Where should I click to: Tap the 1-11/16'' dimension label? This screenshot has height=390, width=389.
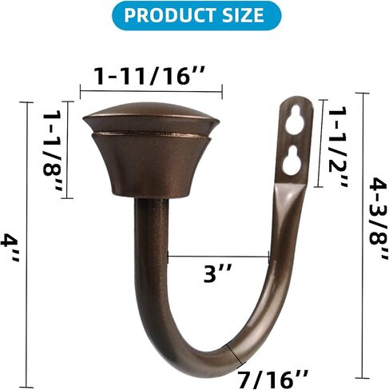[x=150, y=77]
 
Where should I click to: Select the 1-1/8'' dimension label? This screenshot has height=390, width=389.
[x=53, y=150]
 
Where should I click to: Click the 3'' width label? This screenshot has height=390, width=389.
[x=218, y=273]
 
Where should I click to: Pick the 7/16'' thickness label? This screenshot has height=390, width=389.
[x=272, y=379]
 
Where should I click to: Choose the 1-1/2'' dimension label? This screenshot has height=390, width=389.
[x=338, y=147]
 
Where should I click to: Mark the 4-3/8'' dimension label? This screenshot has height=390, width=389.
[x=378, y=218]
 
